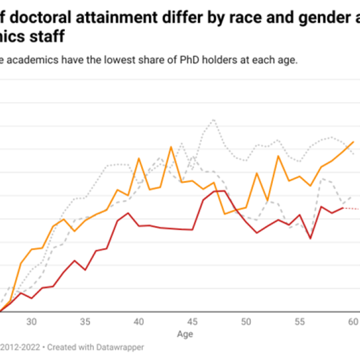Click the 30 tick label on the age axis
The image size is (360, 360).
[x=32, y=322]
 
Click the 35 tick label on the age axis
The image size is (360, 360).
[x=85, y=322]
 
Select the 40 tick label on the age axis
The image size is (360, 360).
[x=139, y=322]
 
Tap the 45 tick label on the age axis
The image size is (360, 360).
[x=192, y=322]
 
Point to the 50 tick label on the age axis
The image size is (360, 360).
[x=246, y=322]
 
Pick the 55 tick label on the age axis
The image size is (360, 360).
[x=299, y=322]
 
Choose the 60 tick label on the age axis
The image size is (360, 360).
[x=353, y=322]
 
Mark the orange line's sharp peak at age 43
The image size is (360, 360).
[x=171, y=147]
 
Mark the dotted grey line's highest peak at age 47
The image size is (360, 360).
[x=214, y=120]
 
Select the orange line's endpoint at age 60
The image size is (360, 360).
[x=353, y=142]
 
